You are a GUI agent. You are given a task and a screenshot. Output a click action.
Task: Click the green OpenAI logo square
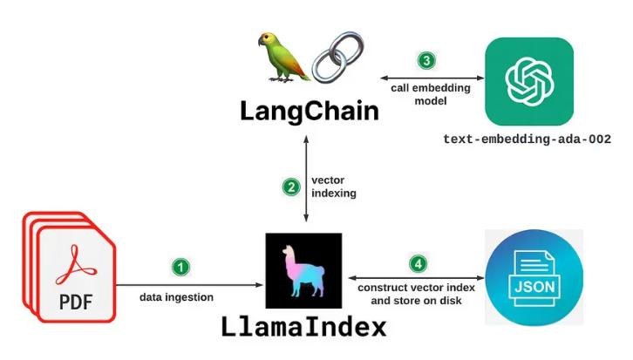[x=529, y=82]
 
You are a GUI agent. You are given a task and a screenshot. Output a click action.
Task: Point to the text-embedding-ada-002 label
[x=527, y=139]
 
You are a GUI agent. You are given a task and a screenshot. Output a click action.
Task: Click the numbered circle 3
[x=425, y=61]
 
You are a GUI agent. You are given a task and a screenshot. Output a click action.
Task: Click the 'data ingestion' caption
[x=176, y=297]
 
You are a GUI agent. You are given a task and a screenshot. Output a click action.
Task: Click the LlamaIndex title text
[x=303, y=329]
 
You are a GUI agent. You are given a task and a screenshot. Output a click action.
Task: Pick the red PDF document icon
[x=69, y=269]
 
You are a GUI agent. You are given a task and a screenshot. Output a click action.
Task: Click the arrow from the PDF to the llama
[x=192, y=283]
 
